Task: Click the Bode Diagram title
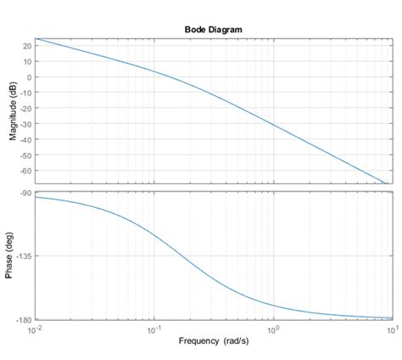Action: (213, 29)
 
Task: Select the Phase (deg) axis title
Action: (13, 256)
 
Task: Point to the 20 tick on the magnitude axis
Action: (28, 45)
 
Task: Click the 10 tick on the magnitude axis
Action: (28, 61)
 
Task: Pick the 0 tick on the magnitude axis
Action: (30, 76)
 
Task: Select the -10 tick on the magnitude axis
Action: (26, 93)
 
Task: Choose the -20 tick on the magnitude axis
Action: (26, 108)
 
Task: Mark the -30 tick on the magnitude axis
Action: (26, 124)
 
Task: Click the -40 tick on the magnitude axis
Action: (26, 139)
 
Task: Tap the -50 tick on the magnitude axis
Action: (26, 155)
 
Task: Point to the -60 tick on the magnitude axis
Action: (26, 171)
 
